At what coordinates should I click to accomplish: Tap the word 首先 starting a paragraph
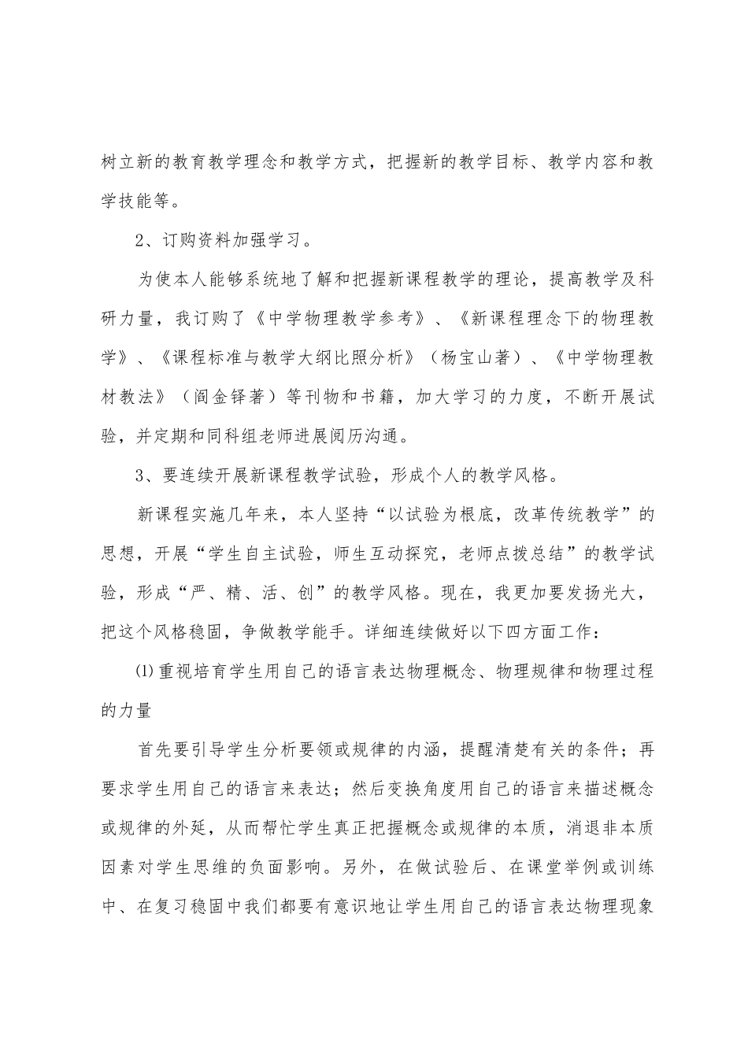[x=155, y=749]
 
